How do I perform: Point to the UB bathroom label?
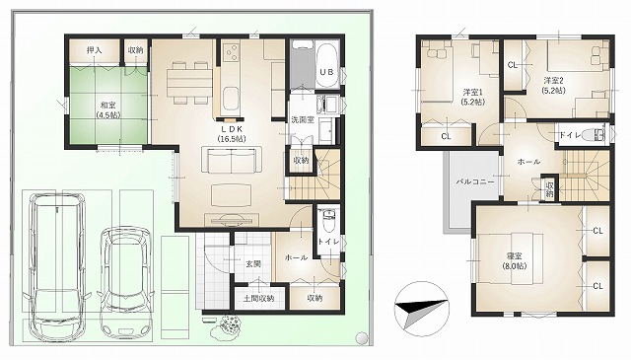(x=324, y=74)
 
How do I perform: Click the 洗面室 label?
(x=302, y=120)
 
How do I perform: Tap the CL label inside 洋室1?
(x=446, y=136)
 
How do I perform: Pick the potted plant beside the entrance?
(x=232, y=324)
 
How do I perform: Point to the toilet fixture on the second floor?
(x=597, y=135)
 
